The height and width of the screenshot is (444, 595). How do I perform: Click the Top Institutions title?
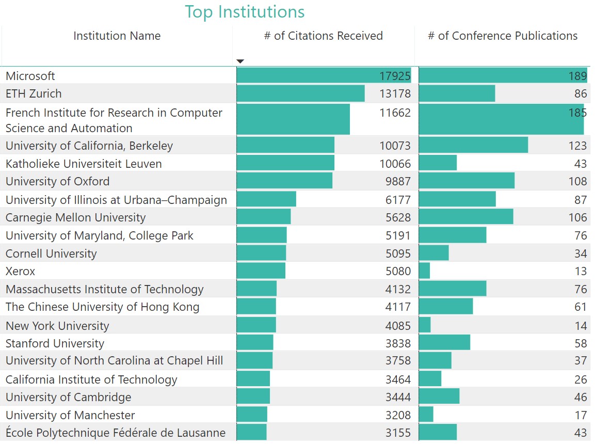click(x=245, y=11)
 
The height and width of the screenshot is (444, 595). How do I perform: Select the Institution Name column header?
click(x=117, y=36)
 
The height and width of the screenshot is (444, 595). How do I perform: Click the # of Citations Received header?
click(x=323, y=36)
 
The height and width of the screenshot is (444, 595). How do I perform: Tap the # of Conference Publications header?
click(x=503, y=36)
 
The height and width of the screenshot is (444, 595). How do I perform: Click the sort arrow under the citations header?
click(x=240, y=61)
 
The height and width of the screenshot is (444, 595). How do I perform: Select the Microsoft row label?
click(x=30, y=76)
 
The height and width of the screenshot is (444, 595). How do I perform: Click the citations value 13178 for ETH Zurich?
click(x=395, y=93)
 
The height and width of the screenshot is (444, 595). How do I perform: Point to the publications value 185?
click(x=577, y=113)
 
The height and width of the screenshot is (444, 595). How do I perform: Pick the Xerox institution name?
click(x=21, y=271)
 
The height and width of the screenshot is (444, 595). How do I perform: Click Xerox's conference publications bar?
click(x=424, y=271)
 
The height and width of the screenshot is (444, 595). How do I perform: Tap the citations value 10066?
click(x=395, y=164)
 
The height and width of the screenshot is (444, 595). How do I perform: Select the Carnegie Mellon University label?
click(x=75, y=217)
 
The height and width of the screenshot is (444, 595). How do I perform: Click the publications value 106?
click(x=577, y=217)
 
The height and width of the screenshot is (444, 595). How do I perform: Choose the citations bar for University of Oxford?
click(x=284, y=181)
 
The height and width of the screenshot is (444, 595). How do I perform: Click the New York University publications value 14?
click(x=581, y=326)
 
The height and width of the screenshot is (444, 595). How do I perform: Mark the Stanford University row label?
click(x=55, y=343)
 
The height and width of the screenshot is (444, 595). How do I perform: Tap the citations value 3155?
click(x=398, y=433)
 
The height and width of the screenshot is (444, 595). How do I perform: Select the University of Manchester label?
click(x=70, y=415)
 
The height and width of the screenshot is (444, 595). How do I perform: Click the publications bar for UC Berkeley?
click(x=473, y=146)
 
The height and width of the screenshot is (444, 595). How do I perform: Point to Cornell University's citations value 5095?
click(x=398, y=253)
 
